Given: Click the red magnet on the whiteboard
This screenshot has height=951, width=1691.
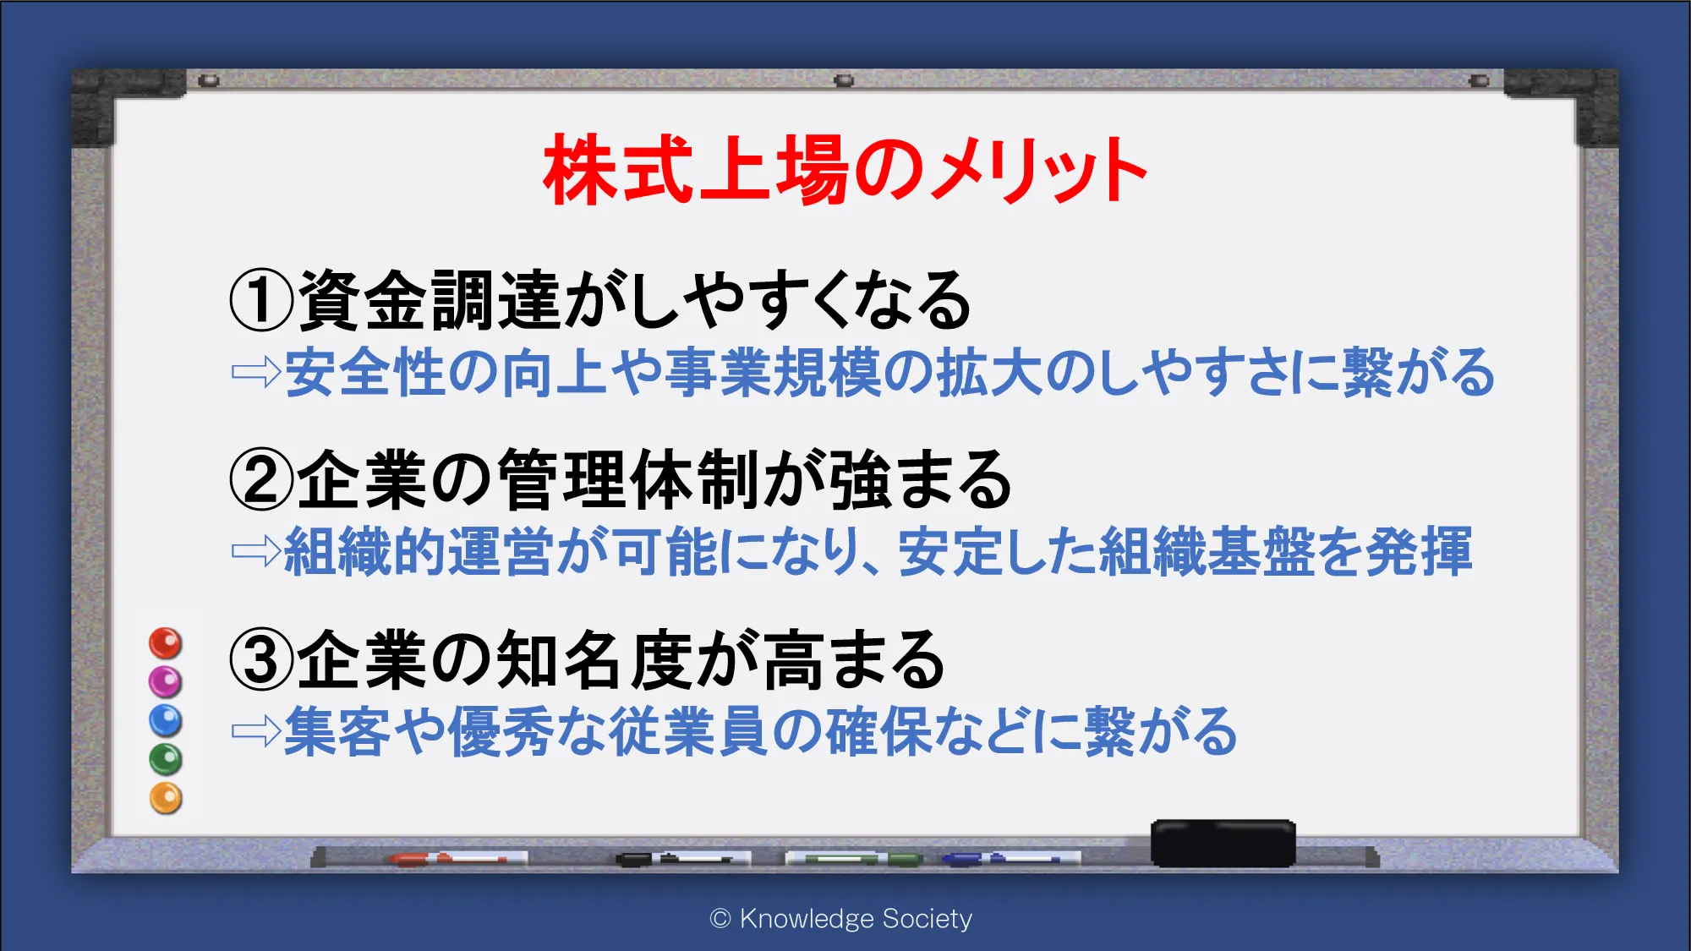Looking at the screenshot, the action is point(166,643).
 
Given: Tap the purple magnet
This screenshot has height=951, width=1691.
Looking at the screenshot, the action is point(166,681).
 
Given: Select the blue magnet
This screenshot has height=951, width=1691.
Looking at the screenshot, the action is point(166,720).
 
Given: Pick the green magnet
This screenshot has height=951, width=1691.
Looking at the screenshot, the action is point(166,759).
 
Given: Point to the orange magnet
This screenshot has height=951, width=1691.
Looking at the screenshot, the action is point(166,798).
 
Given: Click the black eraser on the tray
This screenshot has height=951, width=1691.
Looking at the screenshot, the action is point(1223,843).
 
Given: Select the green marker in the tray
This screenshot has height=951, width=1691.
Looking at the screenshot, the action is point(854,859).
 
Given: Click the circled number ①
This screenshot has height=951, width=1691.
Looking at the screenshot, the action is point(262,300).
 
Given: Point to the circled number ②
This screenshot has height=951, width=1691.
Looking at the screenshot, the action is point(262,479).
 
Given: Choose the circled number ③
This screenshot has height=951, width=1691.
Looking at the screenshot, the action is point(262,660).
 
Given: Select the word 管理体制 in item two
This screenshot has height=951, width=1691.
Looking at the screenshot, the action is point(629,479).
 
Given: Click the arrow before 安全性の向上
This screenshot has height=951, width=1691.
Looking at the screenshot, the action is point(256,372).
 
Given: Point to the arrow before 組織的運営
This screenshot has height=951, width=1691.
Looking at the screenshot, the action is point(256,551).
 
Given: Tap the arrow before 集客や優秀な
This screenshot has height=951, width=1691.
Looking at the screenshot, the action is point(256,731).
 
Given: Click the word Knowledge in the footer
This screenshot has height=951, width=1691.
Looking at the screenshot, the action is point(807,919).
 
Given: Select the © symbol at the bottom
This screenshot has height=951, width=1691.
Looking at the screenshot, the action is point(720,919).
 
